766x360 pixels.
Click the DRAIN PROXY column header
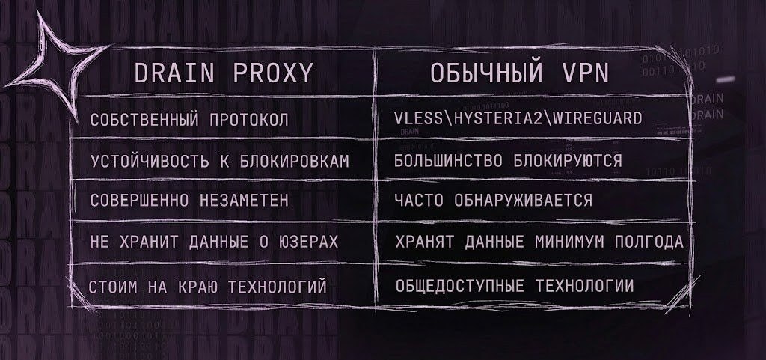coord(223,73)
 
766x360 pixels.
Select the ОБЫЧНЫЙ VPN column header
coord(520,73)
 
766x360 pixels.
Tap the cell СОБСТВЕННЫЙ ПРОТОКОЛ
coord(189,120)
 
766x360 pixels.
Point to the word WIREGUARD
coord(595,118)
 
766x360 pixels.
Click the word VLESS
coord(419,118)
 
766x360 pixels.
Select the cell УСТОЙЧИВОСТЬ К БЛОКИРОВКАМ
coord(220,161)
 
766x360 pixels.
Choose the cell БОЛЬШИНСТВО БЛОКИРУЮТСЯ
coord(508,160)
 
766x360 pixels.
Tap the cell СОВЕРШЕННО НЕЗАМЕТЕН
coord(189,201)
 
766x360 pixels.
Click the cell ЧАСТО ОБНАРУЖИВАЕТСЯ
coord(494,200)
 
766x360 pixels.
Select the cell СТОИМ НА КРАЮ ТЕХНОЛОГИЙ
coord(208,287)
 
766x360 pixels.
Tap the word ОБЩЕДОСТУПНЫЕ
coord(460,286)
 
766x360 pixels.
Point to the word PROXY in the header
coord(272,73)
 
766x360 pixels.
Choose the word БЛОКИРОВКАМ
coord(295,161)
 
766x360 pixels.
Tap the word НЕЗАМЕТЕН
coord(244,201)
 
